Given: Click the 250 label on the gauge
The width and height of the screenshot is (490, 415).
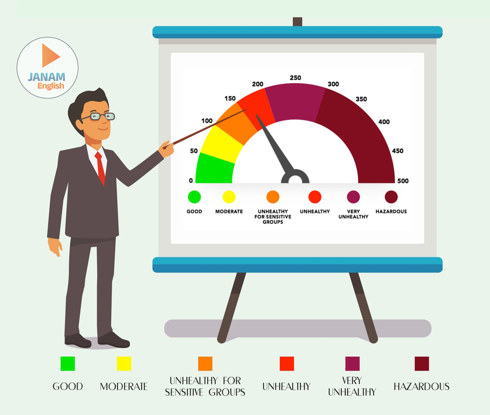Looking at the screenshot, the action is coord(295,78).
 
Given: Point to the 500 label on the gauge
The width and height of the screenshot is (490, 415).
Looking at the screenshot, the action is coord(403,181).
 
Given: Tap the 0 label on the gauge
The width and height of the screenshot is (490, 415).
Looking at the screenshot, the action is coord(191,181).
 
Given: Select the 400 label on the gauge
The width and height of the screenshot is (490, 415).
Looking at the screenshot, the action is coord(384,122).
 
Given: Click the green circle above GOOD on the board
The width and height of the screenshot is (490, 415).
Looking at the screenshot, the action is coord(195,197).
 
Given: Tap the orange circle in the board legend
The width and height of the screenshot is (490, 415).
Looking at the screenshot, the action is coord(273,197).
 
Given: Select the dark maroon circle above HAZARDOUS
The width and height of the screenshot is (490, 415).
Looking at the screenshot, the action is coord(391,197).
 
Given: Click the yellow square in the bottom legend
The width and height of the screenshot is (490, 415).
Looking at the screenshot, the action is coord(124,364).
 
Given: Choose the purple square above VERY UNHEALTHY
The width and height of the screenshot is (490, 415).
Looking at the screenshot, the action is coord(352,364).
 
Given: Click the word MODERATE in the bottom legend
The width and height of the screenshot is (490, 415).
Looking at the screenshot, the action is coord(124,387).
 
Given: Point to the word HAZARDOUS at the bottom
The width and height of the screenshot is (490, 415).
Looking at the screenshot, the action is coord(421,387).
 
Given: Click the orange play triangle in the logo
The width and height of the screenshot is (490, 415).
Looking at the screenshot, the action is coord(50,55).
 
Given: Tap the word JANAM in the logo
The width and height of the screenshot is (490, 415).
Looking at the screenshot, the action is coord(47,77).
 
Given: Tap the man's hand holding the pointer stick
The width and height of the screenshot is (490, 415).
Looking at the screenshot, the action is coord(167,149).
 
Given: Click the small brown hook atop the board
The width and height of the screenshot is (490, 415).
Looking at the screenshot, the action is coord(297,22).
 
